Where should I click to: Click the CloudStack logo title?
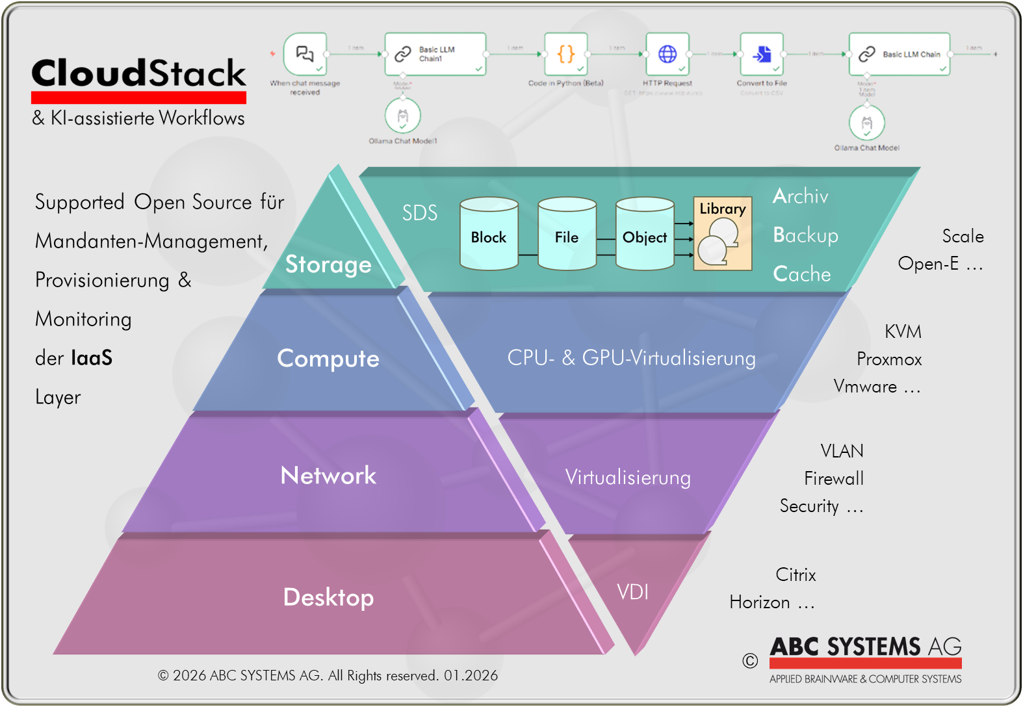point(138,73)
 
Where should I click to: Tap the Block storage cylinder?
point(489,235)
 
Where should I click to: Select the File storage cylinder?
point(567,235)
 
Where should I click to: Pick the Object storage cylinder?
point(645,235)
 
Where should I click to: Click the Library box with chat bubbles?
point(722,235)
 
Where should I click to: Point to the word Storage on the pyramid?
point(328,264)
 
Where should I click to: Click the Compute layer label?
point(328,359)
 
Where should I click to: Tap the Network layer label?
point(328,476)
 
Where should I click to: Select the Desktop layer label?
point(328,597)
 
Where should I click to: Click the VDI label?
point(632,592)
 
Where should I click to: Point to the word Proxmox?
point(888,359)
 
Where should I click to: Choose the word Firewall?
point(833,479)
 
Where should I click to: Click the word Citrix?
point(796,575)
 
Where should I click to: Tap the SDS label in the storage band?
point(420,213)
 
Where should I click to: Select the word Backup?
point(805,235)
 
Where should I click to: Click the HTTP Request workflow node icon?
point(667,55)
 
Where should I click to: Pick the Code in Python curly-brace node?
point(566,55)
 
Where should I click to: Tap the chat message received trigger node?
point(305,55)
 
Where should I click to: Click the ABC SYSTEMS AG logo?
point(864,653)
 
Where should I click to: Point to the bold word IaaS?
point(92,358)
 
